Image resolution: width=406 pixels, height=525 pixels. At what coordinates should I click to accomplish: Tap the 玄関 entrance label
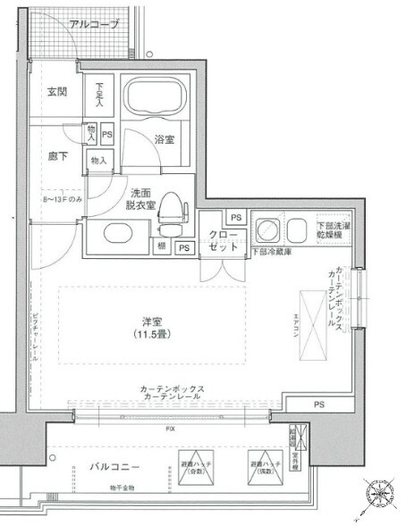click(x=58, y=90)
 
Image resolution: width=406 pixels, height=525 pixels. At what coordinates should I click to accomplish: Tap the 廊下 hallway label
click(x=58, y=154)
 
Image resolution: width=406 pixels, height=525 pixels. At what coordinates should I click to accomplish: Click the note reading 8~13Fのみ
click(x=62, y=199)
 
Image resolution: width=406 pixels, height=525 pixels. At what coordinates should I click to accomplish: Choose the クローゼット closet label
click(x=223, y=242)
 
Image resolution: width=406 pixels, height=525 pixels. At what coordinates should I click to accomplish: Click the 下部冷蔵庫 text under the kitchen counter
click(x=269, y=252)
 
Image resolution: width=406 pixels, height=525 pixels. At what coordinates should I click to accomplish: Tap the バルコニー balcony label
click(x=112, y=466)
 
